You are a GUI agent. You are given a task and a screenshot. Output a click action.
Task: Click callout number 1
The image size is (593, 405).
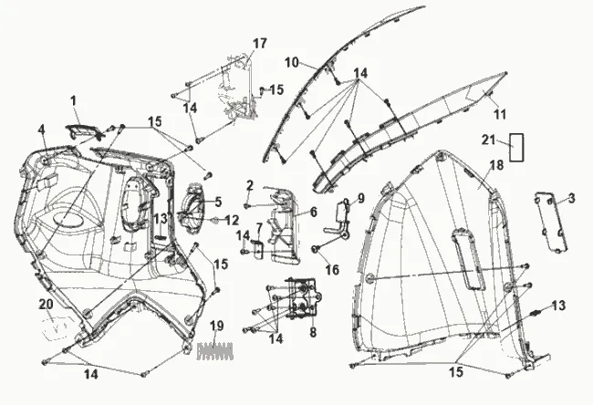tap(73, 99)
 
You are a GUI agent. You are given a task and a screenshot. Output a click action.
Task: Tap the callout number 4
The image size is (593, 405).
tap(41, 129)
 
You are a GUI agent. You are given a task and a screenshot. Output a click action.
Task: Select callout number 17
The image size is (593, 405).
tap(260, 44)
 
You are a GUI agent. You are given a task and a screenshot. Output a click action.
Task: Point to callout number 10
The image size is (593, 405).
tap(292, 62)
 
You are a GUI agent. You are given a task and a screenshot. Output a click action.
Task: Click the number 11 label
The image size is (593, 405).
tap(499, 114)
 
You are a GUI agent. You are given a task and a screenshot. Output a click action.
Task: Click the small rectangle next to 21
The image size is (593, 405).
tap(516, 147)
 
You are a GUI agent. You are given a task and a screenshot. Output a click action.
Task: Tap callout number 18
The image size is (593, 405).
tap(497, 165)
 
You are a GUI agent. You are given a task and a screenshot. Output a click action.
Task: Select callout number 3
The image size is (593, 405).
tap(571, 197)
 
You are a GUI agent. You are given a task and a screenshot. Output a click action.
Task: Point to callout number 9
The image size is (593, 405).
tap(360, 198)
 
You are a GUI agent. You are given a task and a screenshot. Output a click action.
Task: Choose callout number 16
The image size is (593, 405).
tap(332, 270)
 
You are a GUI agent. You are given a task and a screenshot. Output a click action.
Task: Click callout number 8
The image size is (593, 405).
tap(312, 333)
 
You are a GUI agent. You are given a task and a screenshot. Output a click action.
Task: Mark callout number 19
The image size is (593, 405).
tap(216, 326)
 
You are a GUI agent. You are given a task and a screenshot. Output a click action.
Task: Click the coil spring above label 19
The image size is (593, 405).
tap(215, 347)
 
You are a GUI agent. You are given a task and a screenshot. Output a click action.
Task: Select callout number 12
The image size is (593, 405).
tap(232, 220)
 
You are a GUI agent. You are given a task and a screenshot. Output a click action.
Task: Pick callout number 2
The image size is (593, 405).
tap(249, 186)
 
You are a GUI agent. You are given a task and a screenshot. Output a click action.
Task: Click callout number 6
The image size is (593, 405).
tap(312, 212)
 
